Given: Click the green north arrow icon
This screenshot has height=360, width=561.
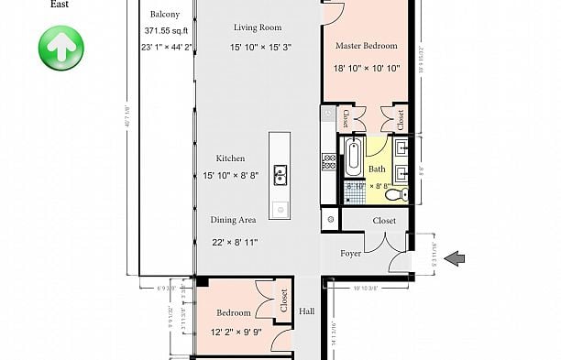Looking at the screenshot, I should pos(60,45).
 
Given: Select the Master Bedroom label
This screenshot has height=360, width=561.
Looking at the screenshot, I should pos(366,45).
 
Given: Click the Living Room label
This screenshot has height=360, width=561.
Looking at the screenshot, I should pos(257,27).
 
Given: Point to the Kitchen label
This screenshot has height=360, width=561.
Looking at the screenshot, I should pos(230,158).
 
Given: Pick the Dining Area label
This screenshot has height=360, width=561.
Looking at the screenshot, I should pos(233,220).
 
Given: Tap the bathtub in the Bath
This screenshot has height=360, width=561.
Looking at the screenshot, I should pos(353,157).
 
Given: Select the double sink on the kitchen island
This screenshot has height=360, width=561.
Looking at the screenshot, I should pos(280,173).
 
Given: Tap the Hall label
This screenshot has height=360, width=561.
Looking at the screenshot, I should pos(306,310).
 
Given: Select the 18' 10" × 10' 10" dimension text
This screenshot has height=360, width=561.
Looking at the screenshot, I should pos(367,67).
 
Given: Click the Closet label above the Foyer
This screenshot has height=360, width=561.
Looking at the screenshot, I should pos(384,221).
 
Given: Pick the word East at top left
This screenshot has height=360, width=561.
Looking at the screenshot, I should pos(60,5).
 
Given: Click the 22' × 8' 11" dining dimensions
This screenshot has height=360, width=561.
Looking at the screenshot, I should pos(235,242).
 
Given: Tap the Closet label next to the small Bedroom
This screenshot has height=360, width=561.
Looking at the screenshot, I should pos(284,300).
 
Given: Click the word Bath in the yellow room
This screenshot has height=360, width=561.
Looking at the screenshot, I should pos(377,169).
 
